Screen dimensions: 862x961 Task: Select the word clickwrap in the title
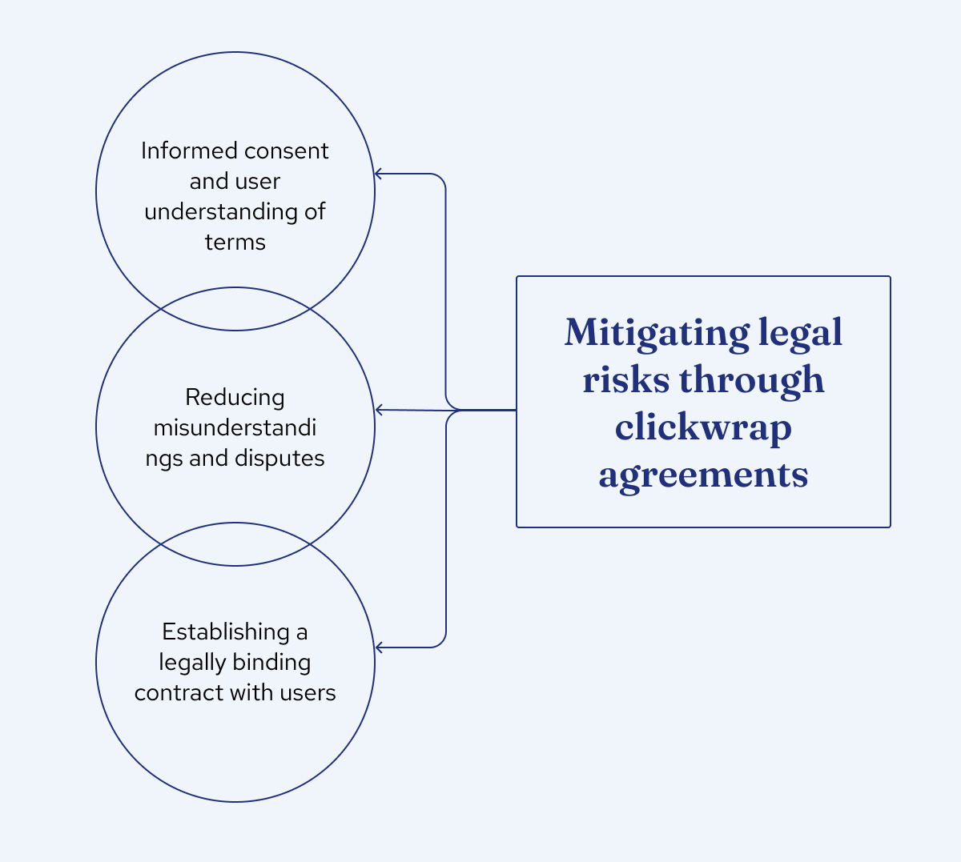pyautogui.click(x=703, y=427)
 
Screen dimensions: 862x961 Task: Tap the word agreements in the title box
pyautogui.click(x=703, y=475)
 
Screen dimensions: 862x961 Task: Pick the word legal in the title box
pyautogui.click(x=800, y=333)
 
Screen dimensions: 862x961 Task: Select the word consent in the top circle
pyautogui.click(x=287, y=150)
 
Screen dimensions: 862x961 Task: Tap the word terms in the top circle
pyautogui.click(x=235, y=242)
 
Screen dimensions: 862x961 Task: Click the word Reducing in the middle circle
pyautogui.click(x=235, y=397)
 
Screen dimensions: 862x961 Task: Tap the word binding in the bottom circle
pyautogui.click(x=271, y=663)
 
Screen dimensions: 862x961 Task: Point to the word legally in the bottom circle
pyautogui.click(x=193, y=663)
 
